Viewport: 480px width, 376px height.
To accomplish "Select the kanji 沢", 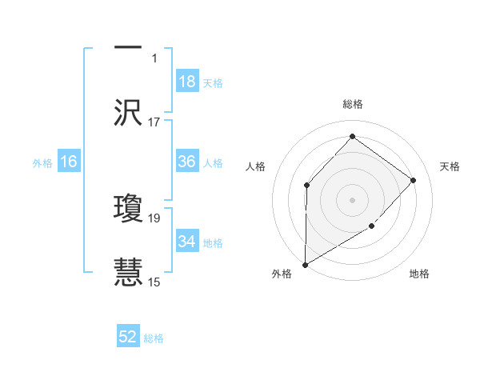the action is pos(128,112).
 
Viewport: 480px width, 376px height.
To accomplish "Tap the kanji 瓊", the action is pos(128,207).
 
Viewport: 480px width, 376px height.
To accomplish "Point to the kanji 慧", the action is pos(128,272).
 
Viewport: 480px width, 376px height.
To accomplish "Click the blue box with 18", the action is pos(187,82).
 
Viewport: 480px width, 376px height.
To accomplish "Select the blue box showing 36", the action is pos(187,162).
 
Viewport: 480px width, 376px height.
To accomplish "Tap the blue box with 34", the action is pos(187,242).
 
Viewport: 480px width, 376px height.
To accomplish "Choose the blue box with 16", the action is pos(69,162).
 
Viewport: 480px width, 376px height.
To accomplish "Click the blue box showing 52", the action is pos(128,337).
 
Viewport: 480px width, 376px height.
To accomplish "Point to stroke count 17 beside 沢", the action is pos(154,122).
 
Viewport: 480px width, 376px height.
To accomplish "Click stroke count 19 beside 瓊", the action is pos(154,218).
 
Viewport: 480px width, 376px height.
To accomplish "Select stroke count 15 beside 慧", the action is pos(154,282).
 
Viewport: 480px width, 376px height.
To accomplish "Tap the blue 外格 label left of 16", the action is pos(42,162).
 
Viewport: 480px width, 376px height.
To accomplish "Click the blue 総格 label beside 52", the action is pos(154,338).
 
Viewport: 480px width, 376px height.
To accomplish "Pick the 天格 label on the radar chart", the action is pos(450,166).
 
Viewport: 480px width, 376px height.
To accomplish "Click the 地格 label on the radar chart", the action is pos(419,274).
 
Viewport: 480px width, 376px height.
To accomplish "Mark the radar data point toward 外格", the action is pos(305,264).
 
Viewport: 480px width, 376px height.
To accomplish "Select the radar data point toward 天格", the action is pos(414,180).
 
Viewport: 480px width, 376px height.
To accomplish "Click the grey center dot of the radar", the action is pos(352,199).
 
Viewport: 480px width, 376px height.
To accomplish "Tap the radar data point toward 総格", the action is pos(352,137).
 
